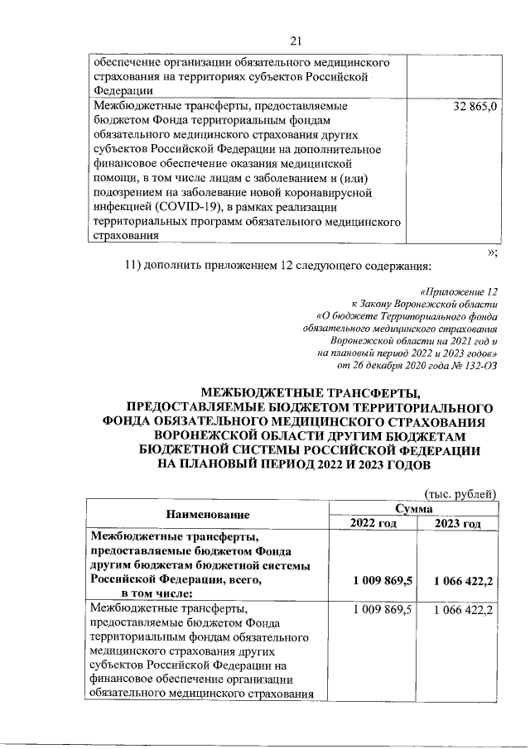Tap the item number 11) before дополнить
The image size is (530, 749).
point(136,265)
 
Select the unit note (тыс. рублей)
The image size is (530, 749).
point(460,494)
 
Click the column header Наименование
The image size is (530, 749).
point(209,515)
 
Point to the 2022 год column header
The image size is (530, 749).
point(374,523)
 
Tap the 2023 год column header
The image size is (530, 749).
point(458,523)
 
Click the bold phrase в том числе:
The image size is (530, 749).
point(157,593)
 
